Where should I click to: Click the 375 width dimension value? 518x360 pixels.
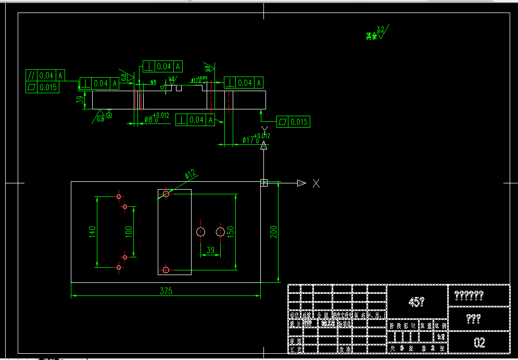(166, 291)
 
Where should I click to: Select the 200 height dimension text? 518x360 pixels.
(274, 231)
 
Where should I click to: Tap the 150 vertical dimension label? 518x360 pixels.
(231, 231)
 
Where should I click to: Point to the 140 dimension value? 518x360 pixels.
(92, 232)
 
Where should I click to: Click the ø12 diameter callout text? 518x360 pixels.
(190, 173)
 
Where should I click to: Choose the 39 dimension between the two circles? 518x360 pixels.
(210, 250)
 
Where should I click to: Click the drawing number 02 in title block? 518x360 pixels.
(479, 342)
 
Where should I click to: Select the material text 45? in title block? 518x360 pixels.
(417, 302)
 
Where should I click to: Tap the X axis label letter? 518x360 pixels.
(316, 183)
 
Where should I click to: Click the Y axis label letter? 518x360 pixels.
(264, 129)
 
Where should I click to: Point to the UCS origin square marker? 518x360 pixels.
(264, 182)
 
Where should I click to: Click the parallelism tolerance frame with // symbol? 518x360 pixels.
(46, 76)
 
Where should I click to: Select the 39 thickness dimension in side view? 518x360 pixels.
(80, 100)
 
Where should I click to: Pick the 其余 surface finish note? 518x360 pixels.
(371, 36)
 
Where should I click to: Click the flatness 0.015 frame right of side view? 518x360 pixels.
(293, 122)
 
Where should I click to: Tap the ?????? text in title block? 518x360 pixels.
(469, 295)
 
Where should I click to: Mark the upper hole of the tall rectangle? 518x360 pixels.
(166, 194)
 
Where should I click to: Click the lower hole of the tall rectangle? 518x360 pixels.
(166, 269)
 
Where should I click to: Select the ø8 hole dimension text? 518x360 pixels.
(156, 119)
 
